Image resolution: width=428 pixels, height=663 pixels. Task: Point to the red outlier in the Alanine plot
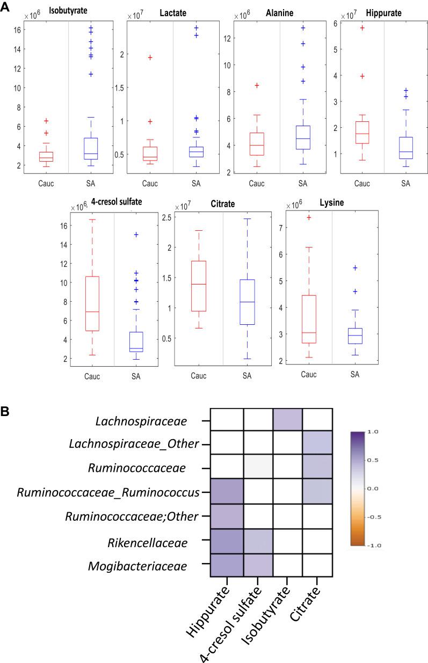257,85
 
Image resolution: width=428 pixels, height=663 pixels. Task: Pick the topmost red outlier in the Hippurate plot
362,28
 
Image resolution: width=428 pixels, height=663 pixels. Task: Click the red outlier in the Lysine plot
309,217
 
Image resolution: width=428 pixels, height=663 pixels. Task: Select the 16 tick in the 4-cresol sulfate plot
64,225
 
